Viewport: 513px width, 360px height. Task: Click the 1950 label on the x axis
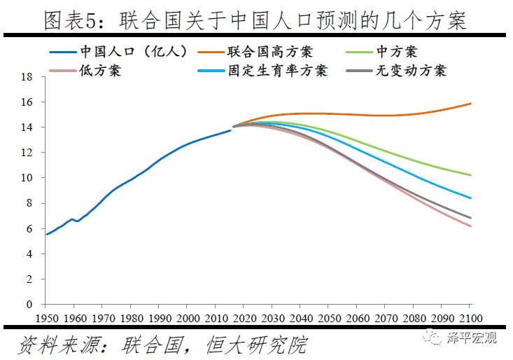pos(46,317)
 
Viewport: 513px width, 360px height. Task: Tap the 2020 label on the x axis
pos(243,317)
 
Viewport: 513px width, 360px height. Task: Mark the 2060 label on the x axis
pos(356,317)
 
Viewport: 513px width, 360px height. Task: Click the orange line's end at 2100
pos(470,104)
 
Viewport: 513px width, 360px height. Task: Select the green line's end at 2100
pos(470,175)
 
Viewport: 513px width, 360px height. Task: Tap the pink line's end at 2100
pos(470,226)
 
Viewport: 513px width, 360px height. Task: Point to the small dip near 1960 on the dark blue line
pos(77,221)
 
